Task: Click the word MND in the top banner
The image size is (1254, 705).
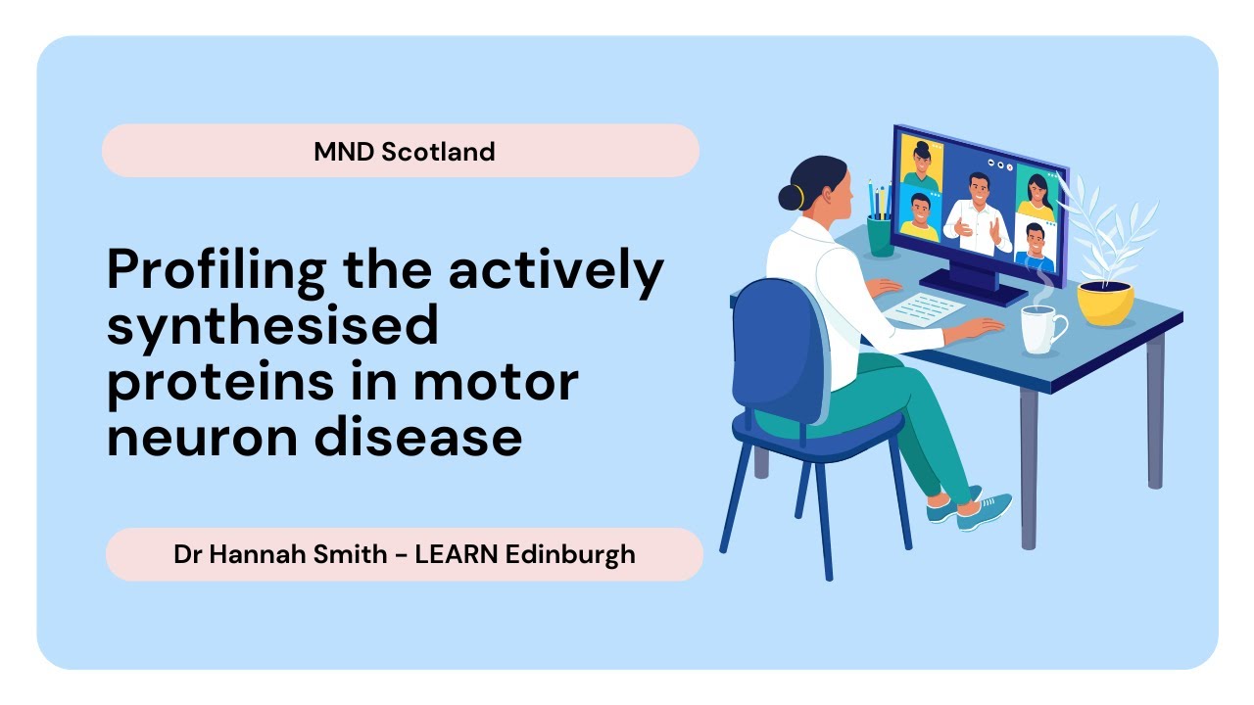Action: pyautogui.click(x=343, y=152)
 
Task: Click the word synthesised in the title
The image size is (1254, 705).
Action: pyautogui.click(x=271, y=325)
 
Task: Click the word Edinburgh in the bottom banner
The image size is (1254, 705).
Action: pyautogui.click(x=570, y=554)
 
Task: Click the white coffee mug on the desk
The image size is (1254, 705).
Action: pyautogui.click(x=1040, y=328)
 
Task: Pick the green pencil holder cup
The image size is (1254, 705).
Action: pyautogui.click(x=880, y=236)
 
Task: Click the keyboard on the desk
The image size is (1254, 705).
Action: pyautogui.click(x=925, y=308)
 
